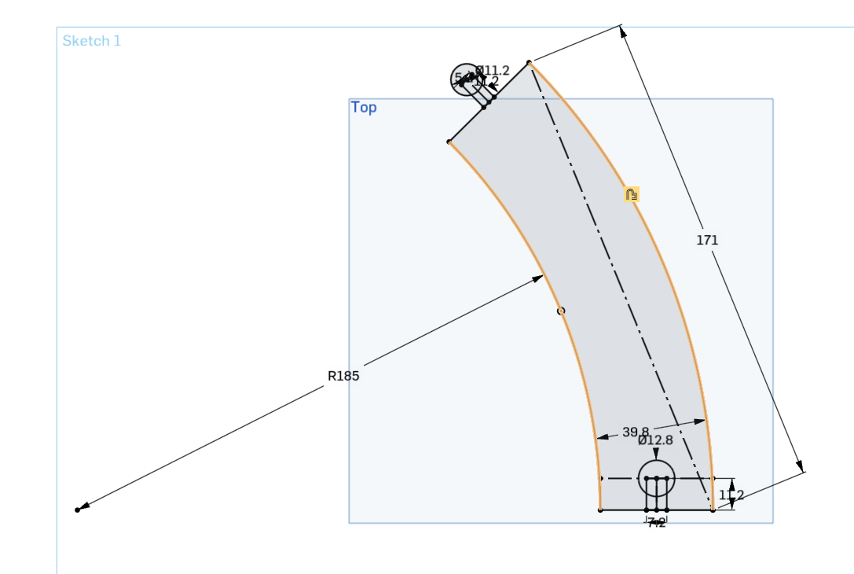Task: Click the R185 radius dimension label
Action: (x=343, y=376)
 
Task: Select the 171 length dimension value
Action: (x=707, y=240)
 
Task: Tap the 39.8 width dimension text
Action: (x=636, y=432)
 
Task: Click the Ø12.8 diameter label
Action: (x=655, y=440)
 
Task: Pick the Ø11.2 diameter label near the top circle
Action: (x=493, y=70)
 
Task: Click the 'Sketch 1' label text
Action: (x=92, y=41)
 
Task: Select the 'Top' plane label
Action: (x=364, y=108)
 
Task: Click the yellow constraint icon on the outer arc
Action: (x=632, y=194)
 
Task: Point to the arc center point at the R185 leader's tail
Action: (x=77, y=510)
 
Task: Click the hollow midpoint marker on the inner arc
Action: (x=561, y=311)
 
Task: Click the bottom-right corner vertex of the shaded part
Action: (x=713, y=510)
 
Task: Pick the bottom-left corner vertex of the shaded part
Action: (x=600, y=510)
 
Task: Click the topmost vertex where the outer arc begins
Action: (x=530, y=62)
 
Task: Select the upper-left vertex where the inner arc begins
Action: (x=449, y=142)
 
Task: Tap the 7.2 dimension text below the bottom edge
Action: (x=657, y=523)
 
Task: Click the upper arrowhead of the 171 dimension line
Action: (x=622, y=31)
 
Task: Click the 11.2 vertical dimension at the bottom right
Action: (x=731, y=495)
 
